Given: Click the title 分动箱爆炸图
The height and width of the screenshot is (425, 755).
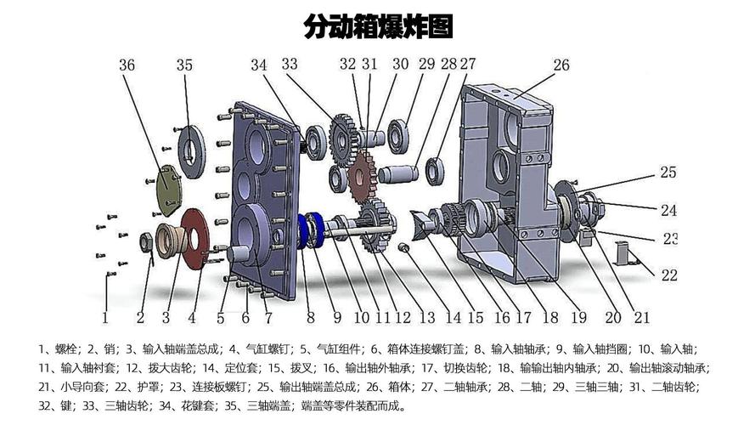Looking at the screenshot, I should click(x=379, y=26).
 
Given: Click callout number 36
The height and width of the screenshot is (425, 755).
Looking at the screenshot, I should click(x=127, y=65).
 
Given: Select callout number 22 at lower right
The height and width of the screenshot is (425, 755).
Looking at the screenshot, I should click(x=669, y=275).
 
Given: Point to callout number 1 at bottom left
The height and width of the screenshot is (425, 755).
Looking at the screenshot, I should click(x=105, y=318).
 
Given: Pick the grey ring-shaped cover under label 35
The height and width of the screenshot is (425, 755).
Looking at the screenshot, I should click(x=190, y=151).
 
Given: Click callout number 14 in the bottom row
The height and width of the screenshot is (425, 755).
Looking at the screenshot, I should click(x=453, y=318).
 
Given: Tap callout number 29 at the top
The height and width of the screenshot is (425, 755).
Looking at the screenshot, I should click(x=425, y=64).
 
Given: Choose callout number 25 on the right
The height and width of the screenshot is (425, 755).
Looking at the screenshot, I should click(x=668, y=173).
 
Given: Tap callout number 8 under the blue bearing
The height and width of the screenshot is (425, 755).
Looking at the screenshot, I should click(x=311, y=318).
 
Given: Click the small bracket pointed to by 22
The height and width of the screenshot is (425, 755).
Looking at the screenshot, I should click(x=624, y=254).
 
